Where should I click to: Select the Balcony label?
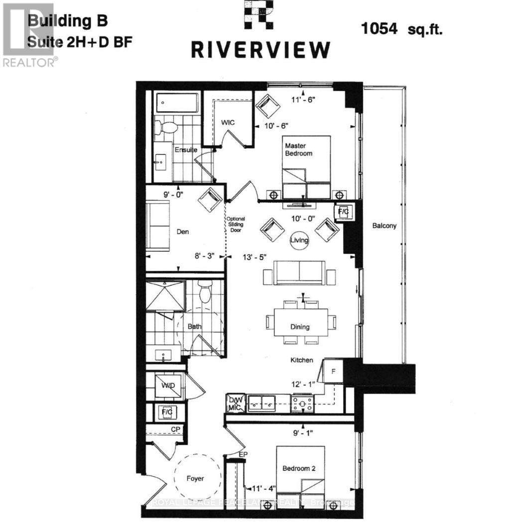click(x=384, y=226)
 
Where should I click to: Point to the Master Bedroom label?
click(x=299, y=149)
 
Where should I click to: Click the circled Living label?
click(x=300, y=240)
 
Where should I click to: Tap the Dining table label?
click(x=300, y=327)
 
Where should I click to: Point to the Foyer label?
click(x=196, y=478)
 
